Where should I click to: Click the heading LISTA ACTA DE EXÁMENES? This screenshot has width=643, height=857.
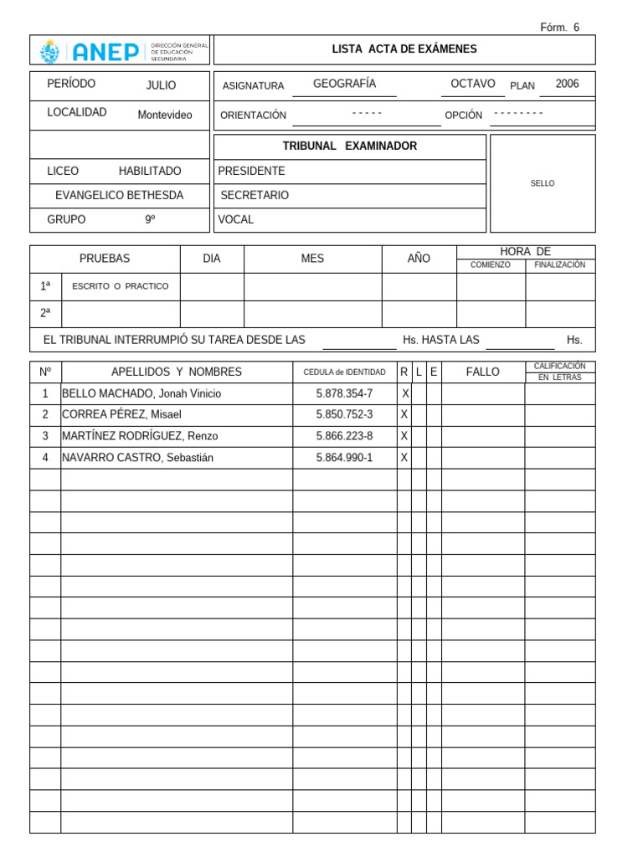[404, 49]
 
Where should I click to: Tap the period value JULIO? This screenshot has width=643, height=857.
[162, 85]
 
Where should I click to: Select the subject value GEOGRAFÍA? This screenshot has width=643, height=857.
[344, 84]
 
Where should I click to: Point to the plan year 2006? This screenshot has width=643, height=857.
[567, 84]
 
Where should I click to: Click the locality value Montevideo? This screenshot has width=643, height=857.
[165, 115]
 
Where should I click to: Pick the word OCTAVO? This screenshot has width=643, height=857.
[472, 84]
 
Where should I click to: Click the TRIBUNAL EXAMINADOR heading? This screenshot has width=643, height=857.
[349, 146]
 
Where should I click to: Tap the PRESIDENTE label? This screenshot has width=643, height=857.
[251, 171]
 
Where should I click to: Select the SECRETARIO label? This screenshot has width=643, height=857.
[255, 195]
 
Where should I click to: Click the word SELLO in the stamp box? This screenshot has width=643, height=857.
[543, 183]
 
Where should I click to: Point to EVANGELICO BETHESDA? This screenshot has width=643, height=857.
[119, 195]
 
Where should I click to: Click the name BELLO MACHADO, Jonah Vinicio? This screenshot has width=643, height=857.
[142, 393]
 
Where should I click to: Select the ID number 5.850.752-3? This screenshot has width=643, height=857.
[344, 414]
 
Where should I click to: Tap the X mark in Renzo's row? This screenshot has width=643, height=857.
[404, 436]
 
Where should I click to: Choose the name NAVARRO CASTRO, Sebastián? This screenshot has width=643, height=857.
[138, 458]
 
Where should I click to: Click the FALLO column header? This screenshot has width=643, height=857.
[482, 372]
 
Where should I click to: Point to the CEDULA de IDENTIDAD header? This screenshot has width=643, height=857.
[344, 372]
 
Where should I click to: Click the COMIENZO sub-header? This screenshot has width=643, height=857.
[490, 265]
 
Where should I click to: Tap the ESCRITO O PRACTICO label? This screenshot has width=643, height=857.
[121, 286]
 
